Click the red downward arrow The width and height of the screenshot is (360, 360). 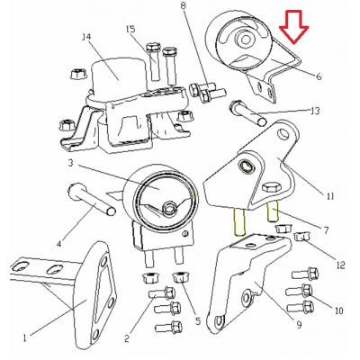pyautogui.click(x=294, y=27)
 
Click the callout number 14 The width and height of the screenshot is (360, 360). pyautogui.click(x=87, y=37)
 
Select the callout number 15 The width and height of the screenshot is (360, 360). pyautogui.click(x=130, y=29)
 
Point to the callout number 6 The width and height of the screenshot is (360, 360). pyautogui.click(x=319, y=78)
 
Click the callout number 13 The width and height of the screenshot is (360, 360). pyautogui.click(x=314, y=111)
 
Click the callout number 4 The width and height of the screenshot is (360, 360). pyautogui.click(x=59, y=242)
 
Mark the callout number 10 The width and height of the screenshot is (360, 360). pyautogui.click(x=339, y=310)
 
